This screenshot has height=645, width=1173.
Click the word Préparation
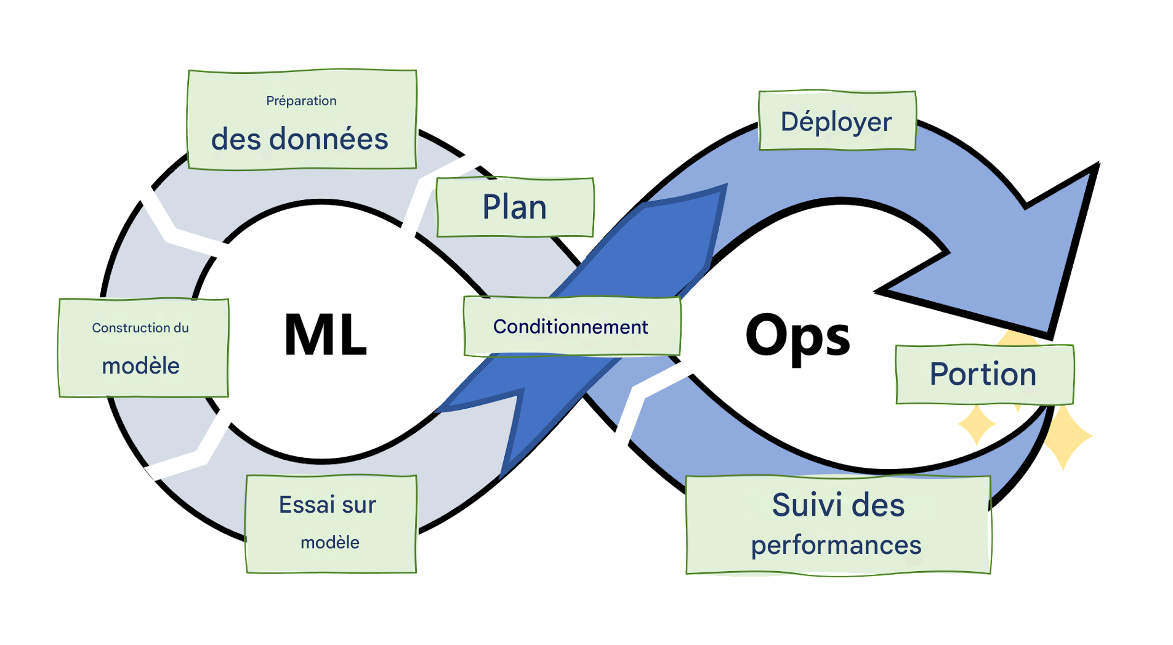click(x=301, y=101)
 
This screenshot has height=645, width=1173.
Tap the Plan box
click(x=515, y=207)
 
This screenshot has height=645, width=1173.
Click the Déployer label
click(x=836, y=121)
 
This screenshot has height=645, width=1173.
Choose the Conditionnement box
click(x=571, y=326)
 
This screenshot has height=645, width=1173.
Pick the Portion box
click(x=983, y=374)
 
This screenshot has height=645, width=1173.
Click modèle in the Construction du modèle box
click(x=140, y=366)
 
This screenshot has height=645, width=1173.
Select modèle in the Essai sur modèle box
click(x=330, y=542)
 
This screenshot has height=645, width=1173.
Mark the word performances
click(x=836, y=545)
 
